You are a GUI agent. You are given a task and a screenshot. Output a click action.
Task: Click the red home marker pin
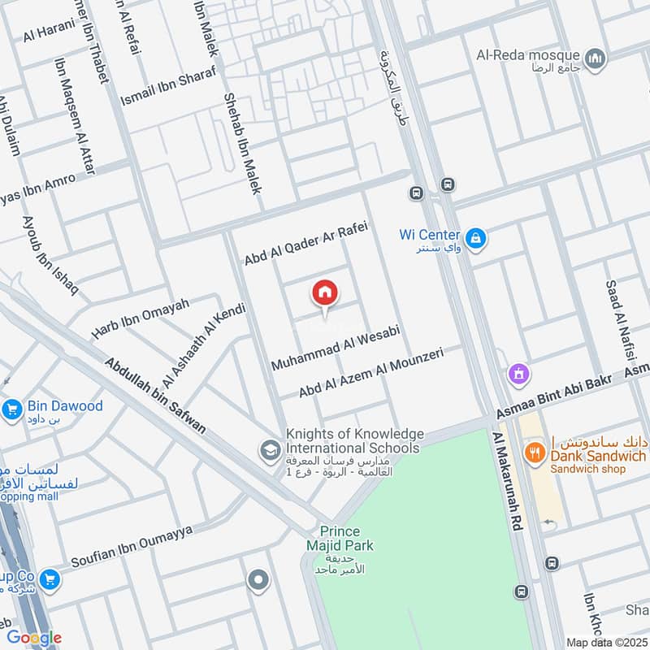click(x=325, y=293)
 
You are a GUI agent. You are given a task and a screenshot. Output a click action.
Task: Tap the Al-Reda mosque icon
click(x=597, y=58)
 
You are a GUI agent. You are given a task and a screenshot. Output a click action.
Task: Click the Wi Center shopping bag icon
click(x=477, y=239)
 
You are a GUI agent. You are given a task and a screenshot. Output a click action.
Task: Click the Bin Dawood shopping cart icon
click(x=11, y=409)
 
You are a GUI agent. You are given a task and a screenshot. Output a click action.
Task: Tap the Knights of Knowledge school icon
click(x=269, y=448)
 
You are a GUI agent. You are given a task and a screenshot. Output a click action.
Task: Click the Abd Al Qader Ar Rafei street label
click(x=306, y=243)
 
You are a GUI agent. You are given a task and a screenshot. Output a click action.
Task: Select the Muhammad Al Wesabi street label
click(x=336, y=350)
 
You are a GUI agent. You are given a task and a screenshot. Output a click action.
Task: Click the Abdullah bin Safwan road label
click(x=154, y=393)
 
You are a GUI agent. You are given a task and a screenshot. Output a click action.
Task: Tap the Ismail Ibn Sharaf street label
click(x=168, y=88)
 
